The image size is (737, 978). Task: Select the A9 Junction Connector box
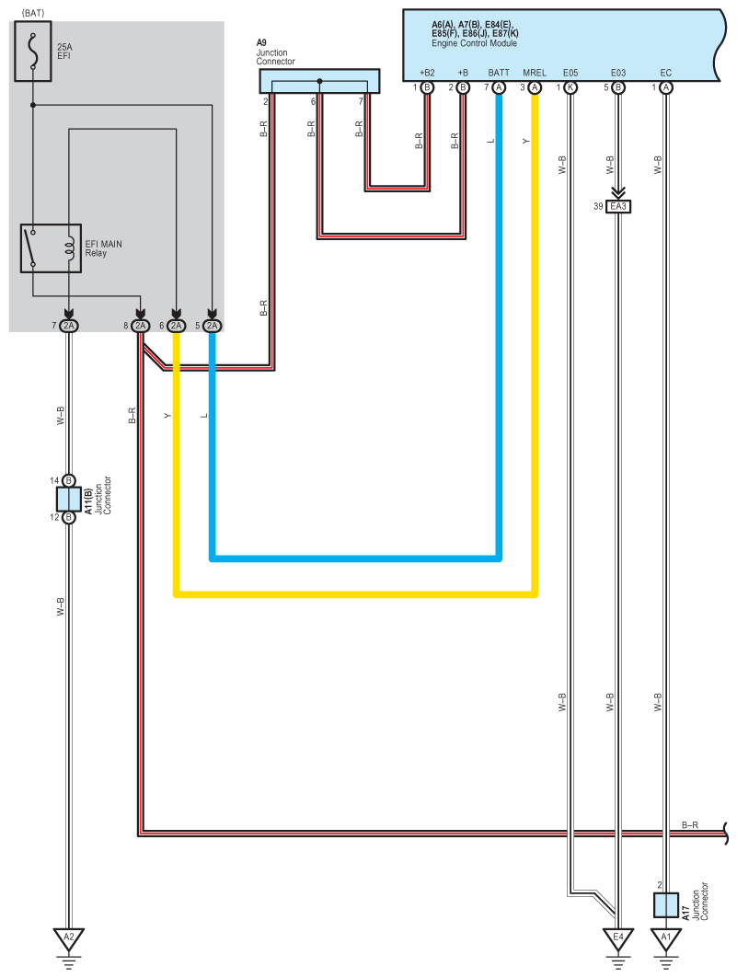click(x=319, y=81)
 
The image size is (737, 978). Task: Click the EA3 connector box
click(x=618, y=207)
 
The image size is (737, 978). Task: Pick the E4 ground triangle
click(x=619, y=939)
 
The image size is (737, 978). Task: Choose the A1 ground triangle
click(x=666, y=939)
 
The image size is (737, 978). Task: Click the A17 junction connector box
click(x=666, y=904)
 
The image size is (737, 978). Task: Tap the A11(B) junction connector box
click(x=69, y=499)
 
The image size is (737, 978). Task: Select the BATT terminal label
click(x=499, y=72)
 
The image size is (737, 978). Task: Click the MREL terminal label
click(x=535, y=72)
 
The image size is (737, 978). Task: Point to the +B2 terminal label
click(x=427, y=72)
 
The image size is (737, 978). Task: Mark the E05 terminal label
click(x=570, y=72)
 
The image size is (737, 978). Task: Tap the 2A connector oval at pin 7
click(x=69, y=326)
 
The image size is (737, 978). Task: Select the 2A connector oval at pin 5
click(x=213, y=326)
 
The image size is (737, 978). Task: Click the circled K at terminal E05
click(x=570, y=87)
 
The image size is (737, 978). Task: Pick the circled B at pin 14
click(x=69, y=480)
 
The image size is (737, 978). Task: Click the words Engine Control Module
click(x=474, y=43)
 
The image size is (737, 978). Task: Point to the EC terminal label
click(x=666, y=72)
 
